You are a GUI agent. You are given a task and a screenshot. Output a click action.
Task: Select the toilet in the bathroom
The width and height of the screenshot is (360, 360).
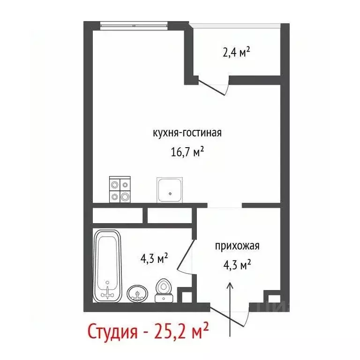tap(163, 289)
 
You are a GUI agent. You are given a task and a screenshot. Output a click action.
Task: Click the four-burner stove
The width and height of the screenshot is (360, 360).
tap(119, 190)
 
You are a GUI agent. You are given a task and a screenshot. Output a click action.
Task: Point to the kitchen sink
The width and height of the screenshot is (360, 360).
tap(169, 190)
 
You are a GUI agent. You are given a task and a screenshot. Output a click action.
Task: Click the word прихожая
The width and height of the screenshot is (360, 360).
tap(237, 246)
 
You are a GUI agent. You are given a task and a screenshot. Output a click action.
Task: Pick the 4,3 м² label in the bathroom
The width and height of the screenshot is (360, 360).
tap(155, 258)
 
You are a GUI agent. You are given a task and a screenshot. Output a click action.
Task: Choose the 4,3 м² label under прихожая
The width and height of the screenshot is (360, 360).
tap(237, 265)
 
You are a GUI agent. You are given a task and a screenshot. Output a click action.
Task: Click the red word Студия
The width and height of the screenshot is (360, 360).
tap(112, 332)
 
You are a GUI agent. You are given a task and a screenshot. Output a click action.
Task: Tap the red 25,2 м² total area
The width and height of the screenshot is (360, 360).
tap(180, 332)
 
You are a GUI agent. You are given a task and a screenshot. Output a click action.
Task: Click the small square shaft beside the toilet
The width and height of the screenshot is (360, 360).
tap(186, 296)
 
